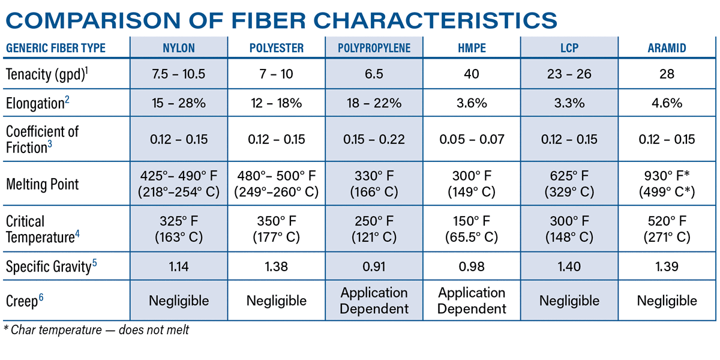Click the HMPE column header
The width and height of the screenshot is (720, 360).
472,49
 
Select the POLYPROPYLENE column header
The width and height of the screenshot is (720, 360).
374,49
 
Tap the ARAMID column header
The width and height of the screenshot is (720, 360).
667,49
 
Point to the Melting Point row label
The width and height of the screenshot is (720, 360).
42,184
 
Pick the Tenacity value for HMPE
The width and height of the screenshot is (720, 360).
472,74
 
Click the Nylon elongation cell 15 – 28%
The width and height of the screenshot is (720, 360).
179,103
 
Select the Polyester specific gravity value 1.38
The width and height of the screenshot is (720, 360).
277,266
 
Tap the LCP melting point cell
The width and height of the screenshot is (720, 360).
569,184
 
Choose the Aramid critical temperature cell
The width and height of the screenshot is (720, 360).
667,229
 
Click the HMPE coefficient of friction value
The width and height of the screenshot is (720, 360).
472,140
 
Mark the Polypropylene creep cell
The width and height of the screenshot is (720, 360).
374,301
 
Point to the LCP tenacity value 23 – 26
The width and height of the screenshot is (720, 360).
569,74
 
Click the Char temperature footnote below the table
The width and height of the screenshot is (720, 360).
97,330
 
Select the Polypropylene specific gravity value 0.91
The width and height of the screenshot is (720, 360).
374,266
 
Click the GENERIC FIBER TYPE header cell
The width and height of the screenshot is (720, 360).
55,49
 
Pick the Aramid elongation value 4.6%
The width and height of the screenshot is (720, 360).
667,103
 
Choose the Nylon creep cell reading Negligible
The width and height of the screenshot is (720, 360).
179,301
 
